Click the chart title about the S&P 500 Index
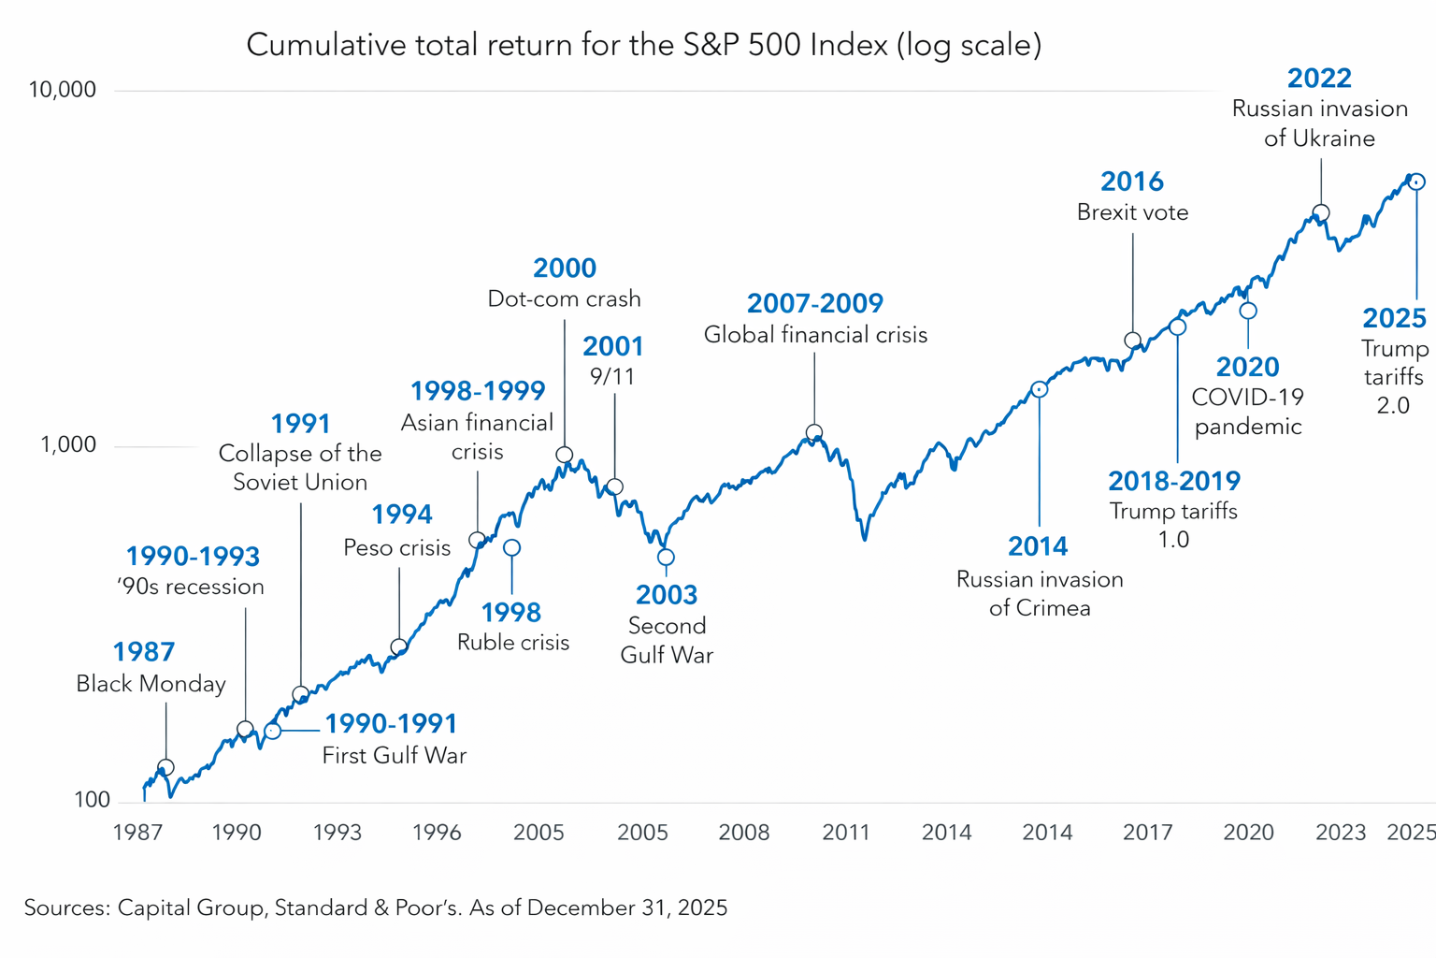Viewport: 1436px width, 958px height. tap(643, 45)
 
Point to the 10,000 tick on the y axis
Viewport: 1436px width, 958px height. tap(63, 90)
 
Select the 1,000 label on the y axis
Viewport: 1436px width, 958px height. tap(68, 444)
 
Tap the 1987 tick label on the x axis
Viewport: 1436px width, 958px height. tap(137, 832)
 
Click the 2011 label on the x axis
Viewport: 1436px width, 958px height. tap(845, 832)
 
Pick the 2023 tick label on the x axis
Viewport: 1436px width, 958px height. tap(1341, 832)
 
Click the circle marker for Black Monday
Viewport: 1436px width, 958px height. tap(165, 768)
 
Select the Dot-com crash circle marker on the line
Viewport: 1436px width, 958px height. tap(564, 456)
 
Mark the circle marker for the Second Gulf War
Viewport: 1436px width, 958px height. tap(666, 558)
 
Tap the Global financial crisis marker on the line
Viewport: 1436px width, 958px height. tap(814, 433)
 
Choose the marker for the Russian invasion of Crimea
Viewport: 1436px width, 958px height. tap(1039, 389)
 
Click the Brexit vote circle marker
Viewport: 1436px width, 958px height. tap(1132, 341)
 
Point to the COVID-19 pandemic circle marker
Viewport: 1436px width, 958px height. tap(1248, 311)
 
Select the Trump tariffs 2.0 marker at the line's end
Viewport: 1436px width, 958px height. tap(1417, 182)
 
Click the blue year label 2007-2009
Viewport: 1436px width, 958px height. tap(814, 303)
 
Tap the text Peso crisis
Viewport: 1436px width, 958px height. tap(397, 547)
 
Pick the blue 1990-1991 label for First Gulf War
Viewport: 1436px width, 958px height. tap(391, 723)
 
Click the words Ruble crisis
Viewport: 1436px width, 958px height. tap(513, 643)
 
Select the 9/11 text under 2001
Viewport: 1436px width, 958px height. tap(612, 376)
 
